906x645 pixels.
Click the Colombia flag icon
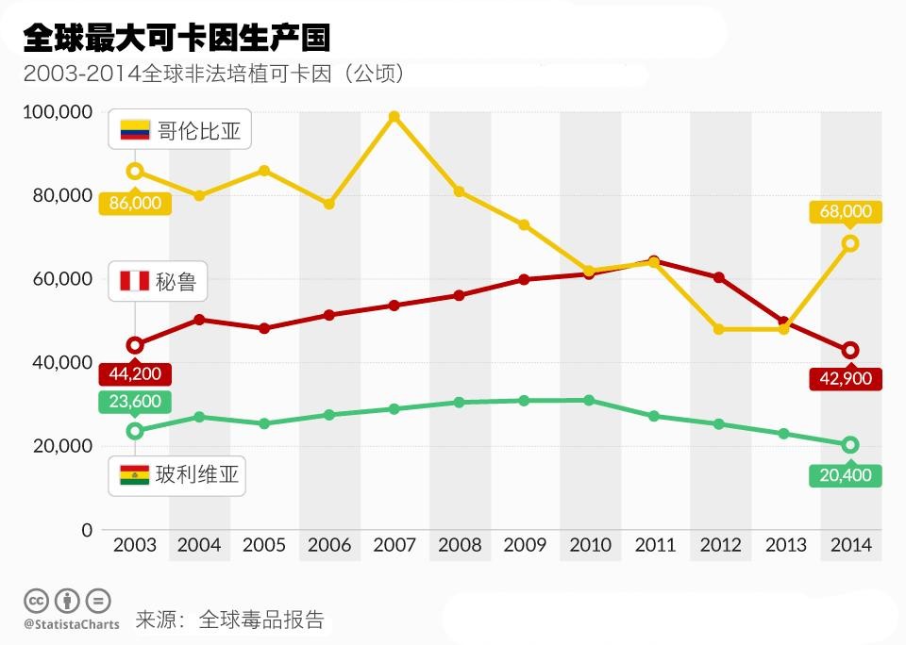point(135,130)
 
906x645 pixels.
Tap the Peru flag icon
point(135,281)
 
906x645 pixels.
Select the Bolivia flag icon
point(135,475)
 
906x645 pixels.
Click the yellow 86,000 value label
point(135,203)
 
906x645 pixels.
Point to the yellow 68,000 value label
point(846,211)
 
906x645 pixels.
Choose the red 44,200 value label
point(135,373)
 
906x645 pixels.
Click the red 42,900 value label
point(846,378)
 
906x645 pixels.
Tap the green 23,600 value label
point(135,402)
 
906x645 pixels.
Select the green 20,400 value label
point(846,474)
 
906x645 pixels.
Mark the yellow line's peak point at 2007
point(394,117)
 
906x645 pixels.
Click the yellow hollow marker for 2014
point(849,243)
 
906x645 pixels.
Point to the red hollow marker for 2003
point(135,345)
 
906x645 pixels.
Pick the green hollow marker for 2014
point(849,445)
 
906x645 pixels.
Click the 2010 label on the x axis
point(590,545)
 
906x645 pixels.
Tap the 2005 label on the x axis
point(264,545)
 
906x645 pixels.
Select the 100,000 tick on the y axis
point(57,112)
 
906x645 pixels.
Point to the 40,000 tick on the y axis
point(60,362)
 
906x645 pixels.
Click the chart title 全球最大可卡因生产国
point(176,38)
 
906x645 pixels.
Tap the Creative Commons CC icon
point(36,601)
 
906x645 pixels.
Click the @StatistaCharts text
point(72,624)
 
